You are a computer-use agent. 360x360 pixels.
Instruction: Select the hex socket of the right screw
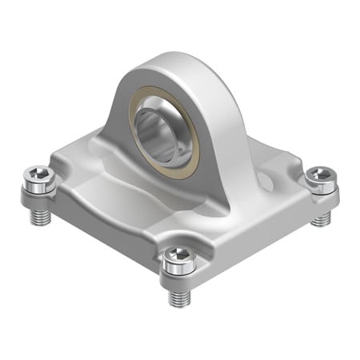321,175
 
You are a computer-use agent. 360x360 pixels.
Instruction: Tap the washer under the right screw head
320,193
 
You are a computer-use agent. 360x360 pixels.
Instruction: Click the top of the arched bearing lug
171,61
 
